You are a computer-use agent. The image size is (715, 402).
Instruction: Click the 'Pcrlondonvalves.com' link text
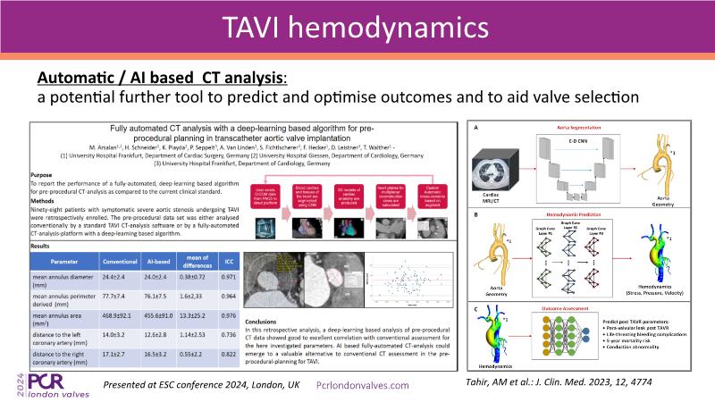[x=364, y=384]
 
